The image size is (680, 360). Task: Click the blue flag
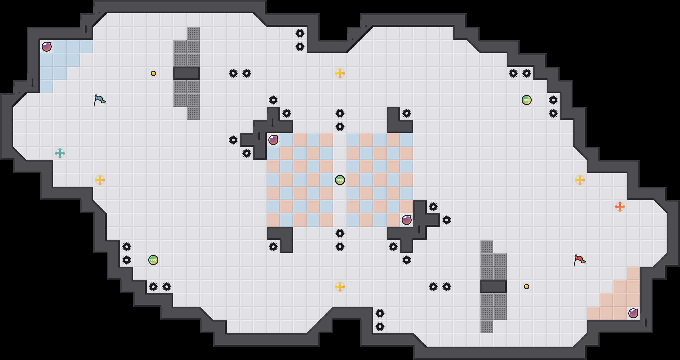(x=99, y=100)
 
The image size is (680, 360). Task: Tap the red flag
(x=579, y=260)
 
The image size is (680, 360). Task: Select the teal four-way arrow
(x=60, y=153)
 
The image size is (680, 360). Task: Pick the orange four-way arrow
(x=620, y=207)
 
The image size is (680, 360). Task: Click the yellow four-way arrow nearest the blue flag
(x=100, y=180)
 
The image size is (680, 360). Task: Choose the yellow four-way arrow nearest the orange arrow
(x=580, y=180)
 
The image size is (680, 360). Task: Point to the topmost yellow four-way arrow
(x=340, y=73)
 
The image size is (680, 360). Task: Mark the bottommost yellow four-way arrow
(x=340, y=287)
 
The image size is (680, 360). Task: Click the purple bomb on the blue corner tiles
(x=47, y=47)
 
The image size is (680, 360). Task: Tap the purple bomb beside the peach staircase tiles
(x=633, y=313)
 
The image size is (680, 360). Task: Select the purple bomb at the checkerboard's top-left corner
(x=273, y=140)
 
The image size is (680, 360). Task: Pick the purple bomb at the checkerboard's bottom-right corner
(x=406, y=220)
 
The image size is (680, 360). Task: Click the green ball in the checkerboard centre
(x=340, y=180)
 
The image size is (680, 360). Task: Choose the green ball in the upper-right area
(x=526, y=100)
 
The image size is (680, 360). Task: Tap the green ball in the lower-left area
(x=153, y=260)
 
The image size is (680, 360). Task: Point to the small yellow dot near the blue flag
(x=153, y=73)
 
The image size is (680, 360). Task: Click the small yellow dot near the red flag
(x=526, y=287)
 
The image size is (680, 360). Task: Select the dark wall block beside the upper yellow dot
(x=187, y=73)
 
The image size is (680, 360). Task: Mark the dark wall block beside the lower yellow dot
(x=493, y=287)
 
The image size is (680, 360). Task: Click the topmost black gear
(x=300, y=33)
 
